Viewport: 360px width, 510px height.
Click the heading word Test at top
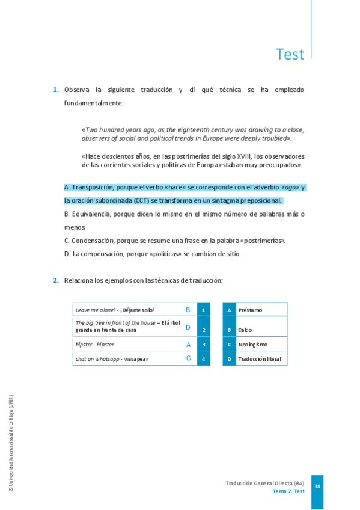[290, 54]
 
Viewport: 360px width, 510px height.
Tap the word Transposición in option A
[92, 188]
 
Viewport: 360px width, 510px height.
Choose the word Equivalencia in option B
[92, 214]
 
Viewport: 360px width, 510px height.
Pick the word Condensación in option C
[93, 241]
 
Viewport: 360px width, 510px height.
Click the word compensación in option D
[97, 254]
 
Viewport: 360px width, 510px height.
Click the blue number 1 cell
[204, 310]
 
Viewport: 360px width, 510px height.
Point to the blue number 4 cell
[204, 359]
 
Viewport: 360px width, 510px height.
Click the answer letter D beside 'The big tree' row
[188, 327]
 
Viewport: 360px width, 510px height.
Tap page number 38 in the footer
[317, 487]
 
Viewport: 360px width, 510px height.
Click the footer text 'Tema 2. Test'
[288, 491]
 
